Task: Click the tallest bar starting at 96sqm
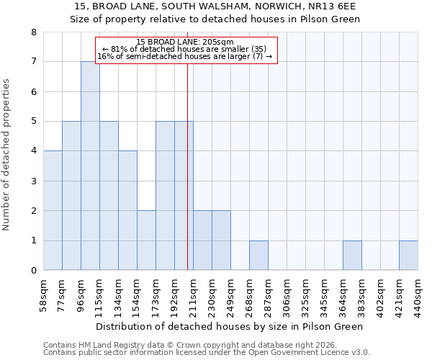pyautogui.click(x=90, y=166)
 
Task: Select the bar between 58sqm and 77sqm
pyautogui.click(x=53, y=210)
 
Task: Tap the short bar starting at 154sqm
pyautogui.click(x=146, y=240)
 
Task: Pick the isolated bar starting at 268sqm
pyautogui.click(x=258, y=256)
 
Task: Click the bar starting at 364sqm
pyautogui.click(x=352, y=256)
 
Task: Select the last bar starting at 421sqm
pyautogui.click(x=408, y=256)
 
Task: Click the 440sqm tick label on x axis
pyautogui.click(x=418, y=295)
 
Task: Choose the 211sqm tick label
pyautogui.click(x=194, y=295)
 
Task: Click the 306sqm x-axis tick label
pyautogui.click(x=287, y=295)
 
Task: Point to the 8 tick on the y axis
pyautogui.click(x=34, y=32)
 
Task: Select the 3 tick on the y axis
pyautogui.click(x=34, y=181)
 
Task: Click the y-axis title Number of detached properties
pyautogui.click(x=7, y=152)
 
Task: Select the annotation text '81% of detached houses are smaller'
pyautogui.click(x=185, y=49)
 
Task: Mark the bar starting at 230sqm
pyautogui.click(x=221, y=240)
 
